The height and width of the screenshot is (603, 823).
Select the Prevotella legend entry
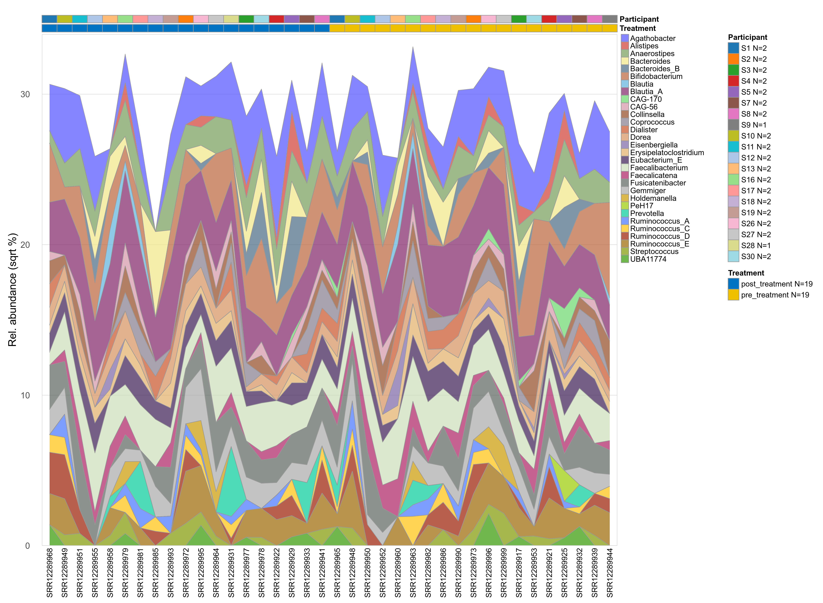point(647,214)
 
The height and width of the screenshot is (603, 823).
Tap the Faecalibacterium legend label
point(659,168)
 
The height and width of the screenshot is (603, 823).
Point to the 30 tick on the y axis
point(25,94)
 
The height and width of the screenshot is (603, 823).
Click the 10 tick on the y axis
point(25,395)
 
